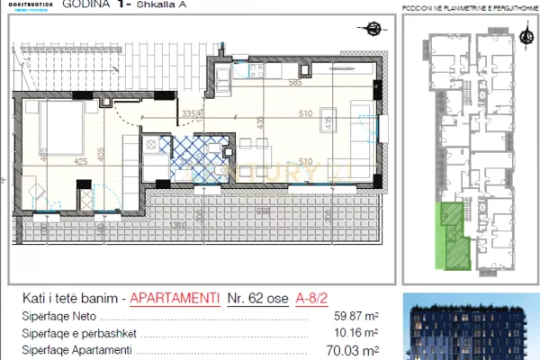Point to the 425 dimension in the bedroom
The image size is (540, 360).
tap(56, 162)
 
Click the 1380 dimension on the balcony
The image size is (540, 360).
tap(178, 223)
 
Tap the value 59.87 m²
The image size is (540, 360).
tap(356, 317)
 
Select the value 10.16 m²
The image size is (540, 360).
tap(356, 333)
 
